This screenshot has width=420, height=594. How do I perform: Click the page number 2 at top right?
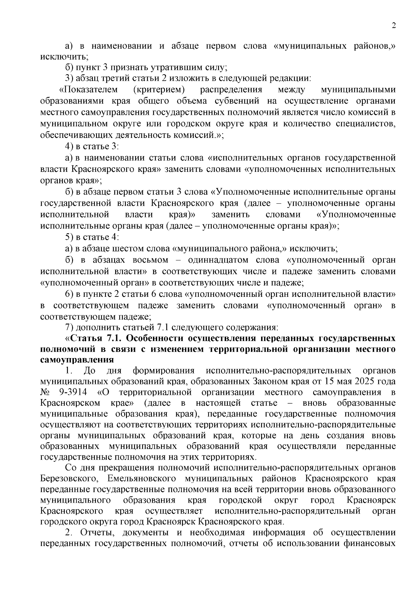click(393, 26)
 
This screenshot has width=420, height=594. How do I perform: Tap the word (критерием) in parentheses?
click(159, 90)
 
